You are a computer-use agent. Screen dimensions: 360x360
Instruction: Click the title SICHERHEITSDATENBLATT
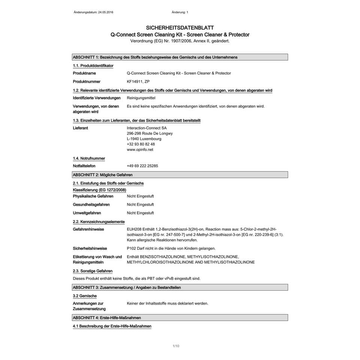point(180,28)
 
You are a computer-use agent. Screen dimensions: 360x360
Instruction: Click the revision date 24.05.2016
point(105,12)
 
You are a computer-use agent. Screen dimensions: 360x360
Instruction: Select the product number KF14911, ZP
point(138,81)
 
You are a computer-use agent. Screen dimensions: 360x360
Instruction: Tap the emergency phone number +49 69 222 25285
point(142,166)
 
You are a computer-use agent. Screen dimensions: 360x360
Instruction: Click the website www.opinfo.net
point(140,150)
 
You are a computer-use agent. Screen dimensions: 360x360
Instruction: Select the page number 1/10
point(176,346)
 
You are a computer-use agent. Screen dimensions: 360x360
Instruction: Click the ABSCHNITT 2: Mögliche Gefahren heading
point(103,175)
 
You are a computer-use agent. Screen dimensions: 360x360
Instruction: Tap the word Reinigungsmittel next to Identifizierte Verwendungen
point(141,98)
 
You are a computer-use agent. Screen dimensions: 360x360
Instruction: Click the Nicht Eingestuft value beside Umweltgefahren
point(140,213)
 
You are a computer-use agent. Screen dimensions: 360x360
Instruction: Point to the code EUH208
point(134,229)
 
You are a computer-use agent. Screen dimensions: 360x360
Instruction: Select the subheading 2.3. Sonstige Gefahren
point(93,271)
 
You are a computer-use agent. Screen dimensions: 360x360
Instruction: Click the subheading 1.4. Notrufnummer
point(89,158)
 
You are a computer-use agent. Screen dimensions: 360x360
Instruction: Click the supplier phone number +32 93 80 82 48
point(141,144)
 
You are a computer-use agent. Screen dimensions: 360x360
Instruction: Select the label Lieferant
point(81,128)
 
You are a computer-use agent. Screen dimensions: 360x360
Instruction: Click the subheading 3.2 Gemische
point(85,296)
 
